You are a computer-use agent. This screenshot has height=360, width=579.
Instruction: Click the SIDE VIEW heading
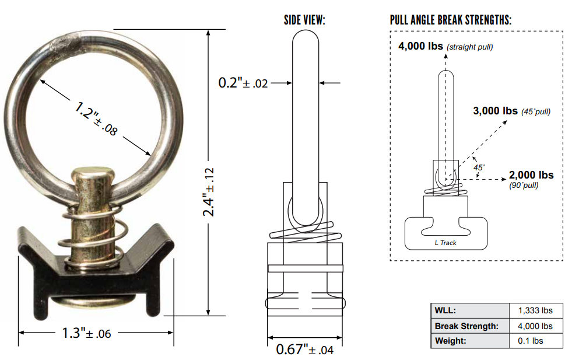[304, 20]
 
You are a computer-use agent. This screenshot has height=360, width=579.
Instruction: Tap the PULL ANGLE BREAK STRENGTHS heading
[451, 20]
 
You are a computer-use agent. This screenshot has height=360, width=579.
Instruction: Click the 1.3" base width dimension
[87, 333]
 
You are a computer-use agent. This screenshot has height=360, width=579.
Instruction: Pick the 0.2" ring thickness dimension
[243, 83]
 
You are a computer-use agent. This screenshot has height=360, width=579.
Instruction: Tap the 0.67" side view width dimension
[304, 349]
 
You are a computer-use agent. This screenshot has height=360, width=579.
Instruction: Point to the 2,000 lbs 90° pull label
[531, 176]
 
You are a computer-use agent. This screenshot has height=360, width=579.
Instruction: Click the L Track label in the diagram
[445, 243]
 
